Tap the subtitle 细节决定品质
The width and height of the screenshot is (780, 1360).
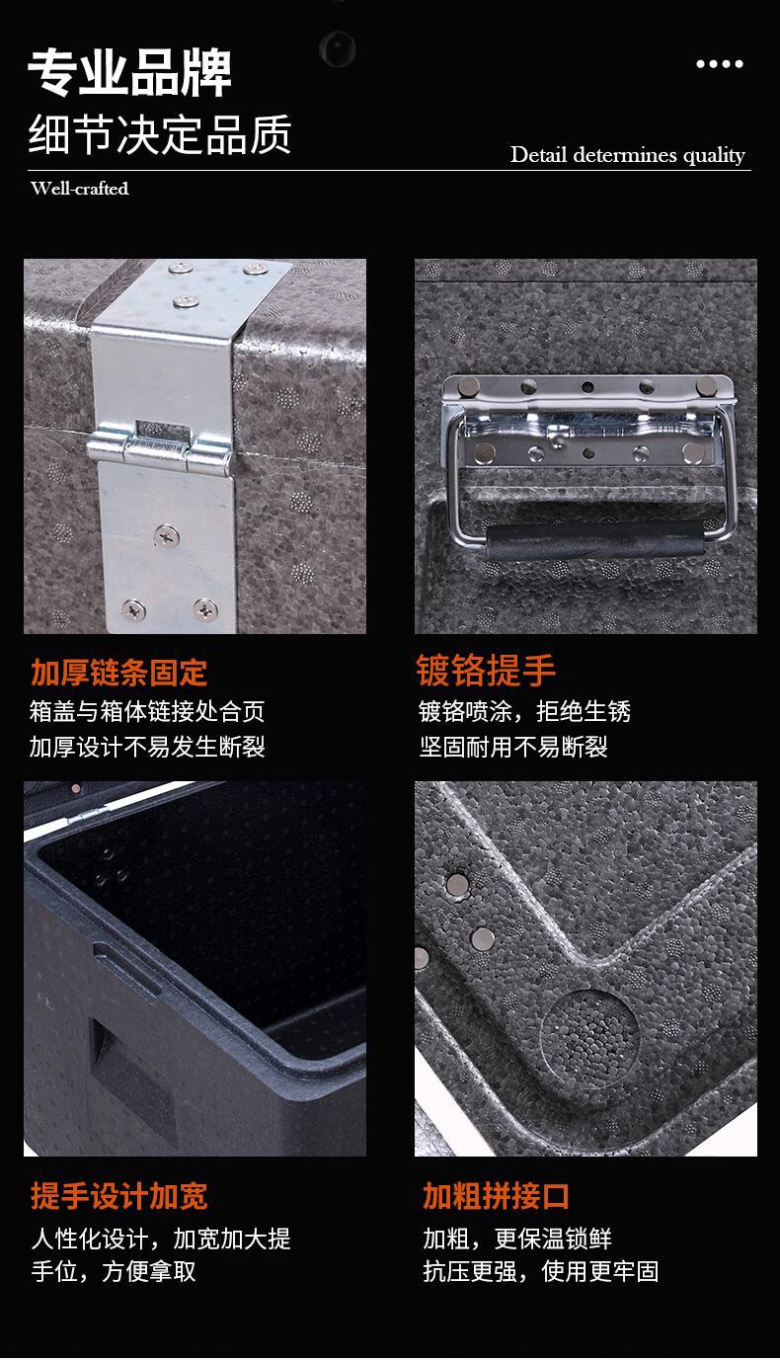(x=160, y=135)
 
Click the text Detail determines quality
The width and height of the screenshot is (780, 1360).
(x=627, y=155)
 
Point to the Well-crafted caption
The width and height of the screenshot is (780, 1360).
(x=80, y=189)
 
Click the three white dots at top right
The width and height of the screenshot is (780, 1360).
(x=719, y=64)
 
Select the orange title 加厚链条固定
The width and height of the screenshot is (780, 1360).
(x=118, y=673)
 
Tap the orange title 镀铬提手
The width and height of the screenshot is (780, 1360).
(x=486, y=671)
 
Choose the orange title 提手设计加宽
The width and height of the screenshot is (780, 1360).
(x=118, y=1196)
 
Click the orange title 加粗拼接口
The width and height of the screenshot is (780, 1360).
(x=497, y=1196)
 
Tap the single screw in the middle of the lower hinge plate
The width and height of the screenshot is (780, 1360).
(x=166, y=537)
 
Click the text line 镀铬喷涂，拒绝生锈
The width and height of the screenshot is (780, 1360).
(x=524, y=711)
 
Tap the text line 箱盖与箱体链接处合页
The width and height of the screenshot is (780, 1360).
(x=147, y=711)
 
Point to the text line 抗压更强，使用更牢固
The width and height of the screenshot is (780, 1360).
(x=540, y=1271)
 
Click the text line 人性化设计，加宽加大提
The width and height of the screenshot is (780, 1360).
(x=160, y=1239)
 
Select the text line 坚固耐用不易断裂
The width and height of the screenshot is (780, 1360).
(x=513, y=747)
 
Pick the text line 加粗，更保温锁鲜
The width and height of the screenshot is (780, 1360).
(x=517, y=1239)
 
